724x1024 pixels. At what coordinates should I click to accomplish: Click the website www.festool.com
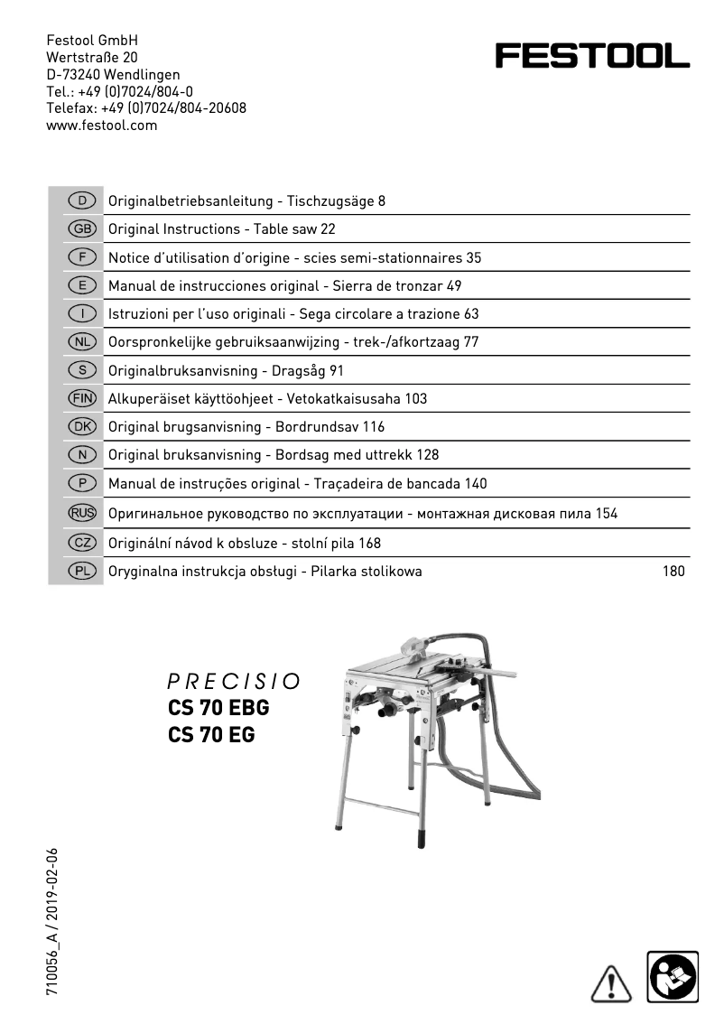pyautogui.click(x=102, y=126)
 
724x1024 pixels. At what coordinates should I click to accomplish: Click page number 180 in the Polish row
pyautogui.click(x=673, y=571)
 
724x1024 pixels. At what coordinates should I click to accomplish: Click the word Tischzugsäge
pyautogui.click(x=325, y=201)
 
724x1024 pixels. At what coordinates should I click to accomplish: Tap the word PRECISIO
pyautogui.click(x=234, y=680)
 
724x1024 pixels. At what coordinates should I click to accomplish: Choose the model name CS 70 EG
pyautogui.click(x=211, y=735)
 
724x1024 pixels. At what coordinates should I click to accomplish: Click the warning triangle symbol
pyautogui.click(x=611, y=981)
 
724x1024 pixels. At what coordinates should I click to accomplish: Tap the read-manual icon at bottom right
pyautogui.click(x=673, y=976)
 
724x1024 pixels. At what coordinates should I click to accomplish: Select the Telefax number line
pyautogui.click(x=146, y=108)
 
